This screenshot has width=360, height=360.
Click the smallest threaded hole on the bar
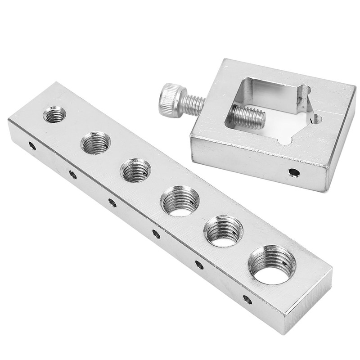[54, 115]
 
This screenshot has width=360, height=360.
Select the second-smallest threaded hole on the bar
[95, 143]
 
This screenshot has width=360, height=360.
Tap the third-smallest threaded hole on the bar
[135, 171]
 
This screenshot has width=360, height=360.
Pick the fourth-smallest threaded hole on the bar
[180, 201]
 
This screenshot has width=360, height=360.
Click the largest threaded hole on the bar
[272, 265]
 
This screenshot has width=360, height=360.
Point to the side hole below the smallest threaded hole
[31, 146]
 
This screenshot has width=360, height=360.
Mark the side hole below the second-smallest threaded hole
[72, 174]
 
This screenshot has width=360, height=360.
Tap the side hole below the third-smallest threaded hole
[112, 203]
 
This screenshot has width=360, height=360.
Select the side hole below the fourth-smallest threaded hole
[156, 234]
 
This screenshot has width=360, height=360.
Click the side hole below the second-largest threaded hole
[199, 265]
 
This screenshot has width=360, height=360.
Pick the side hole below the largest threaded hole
[247, 299]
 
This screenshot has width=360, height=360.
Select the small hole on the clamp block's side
[293, 172]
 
